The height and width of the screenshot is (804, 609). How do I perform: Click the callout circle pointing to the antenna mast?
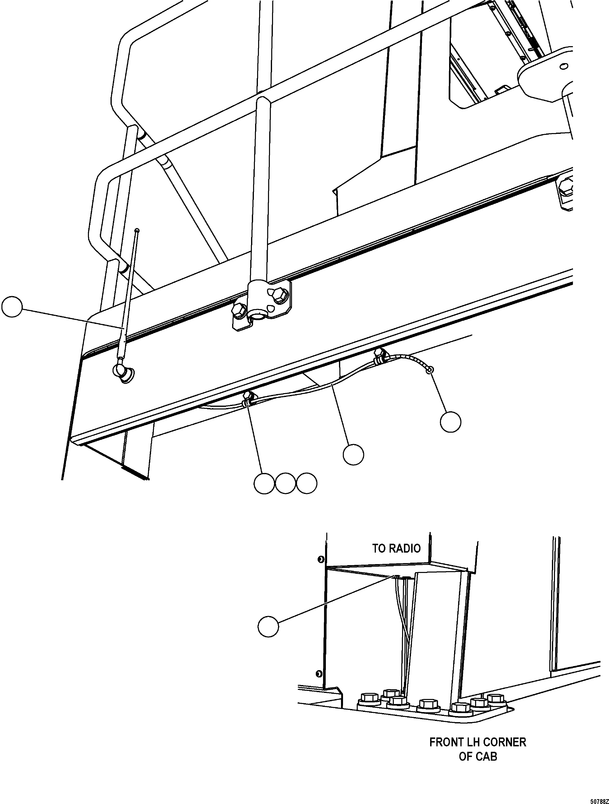click(x=12, y=307)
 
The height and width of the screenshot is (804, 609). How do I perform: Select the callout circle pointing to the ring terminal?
click(x=450, y=422)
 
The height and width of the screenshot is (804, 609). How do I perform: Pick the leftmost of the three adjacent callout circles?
click(x=264, y=483)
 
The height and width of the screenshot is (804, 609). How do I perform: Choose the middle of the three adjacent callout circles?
click(x=285, y=483)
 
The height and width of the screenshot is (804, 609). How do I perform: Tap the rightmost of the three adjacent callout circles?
click(x=307, y=483)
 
